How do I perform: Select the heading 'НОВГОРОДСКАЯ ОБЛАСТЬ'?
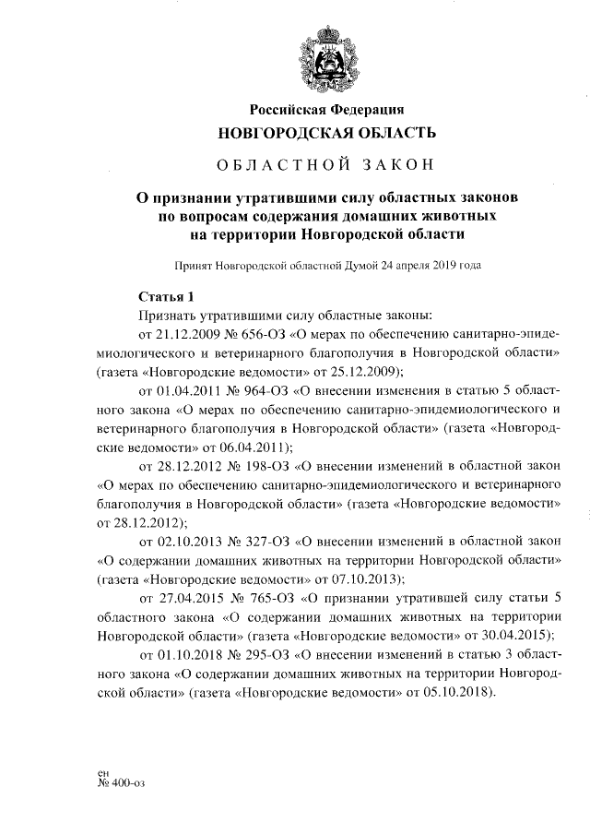[x=327, y=134]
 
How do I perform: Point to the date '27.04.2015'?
[x=192, y=598]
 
